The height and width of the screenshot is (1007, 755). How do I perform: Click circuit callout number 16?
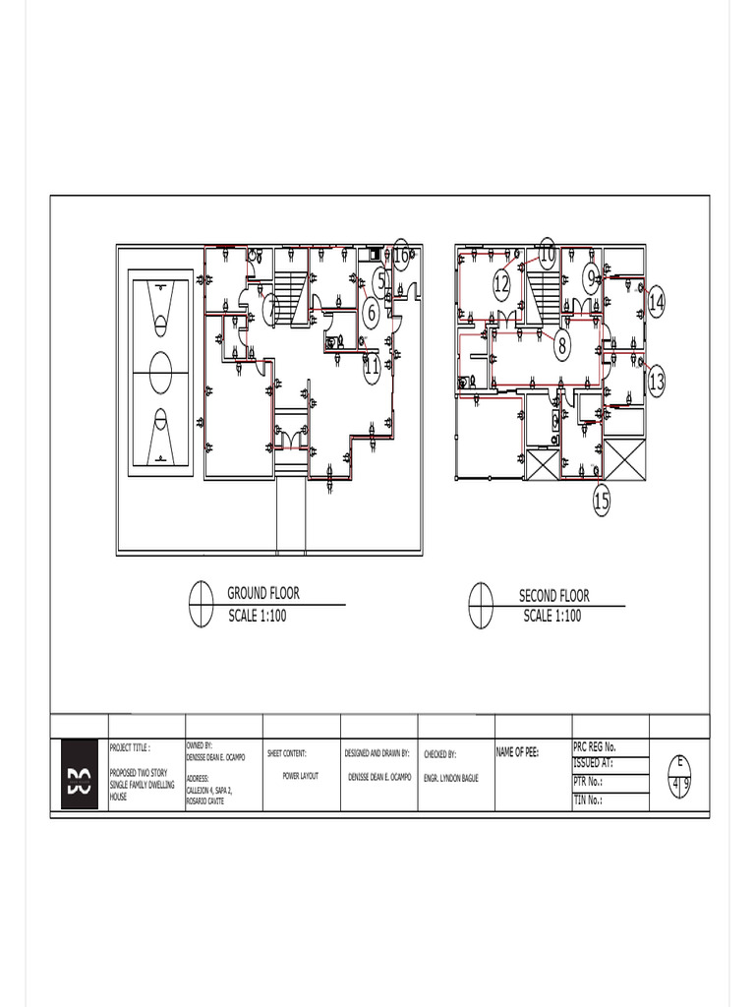click(x=401, y=255)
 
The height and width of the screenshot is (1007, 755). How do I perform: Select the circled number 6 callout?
click(x=371, y=313)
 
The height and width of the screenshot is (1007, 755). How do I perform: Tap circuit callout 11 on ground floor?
click(x=372, y=368)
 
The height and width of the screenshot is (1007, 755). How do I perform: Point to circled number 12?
click(x=501, y=285)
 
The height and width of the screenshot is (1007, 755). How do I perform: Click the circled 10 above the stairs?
click(x=547, y=253)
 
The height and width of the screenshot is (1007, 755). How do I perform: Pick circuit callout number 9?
click(x=591, y=279)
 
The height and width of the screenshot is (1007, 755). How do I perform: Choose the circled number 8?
click(x=562, y=346)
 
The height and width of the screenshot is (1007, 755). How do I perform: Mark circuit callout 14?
click(x=656, y=303)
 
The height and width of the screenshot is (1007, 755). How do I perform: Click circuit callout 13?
click(x=656, y=382)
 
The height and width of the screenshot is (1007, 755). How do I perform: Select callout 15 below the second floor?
click(x=602, y=502)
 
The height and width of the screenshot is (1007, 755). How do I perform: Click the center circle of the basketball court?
click(x=159, y=373)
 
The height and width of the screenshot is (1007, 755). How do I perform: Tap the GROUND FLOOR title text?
click(x=263, y=593)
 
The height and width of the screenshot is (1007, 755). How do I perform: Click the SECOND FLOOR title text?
click(x=554, y=595)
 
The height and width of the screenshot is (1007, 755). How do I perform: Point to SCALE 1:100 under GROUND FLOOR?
click(x=258, y=616)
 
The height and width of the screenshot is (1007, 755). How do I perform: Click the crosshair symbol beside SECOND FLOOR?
click(x=481, y=605)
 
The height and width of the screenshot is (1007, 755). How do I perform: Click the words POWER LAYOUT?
click(x=301, y=776)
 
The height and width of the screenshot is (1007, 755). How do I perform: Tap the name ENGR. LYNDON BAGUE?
click(x=451, y=777)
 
